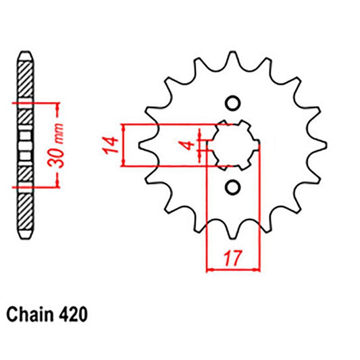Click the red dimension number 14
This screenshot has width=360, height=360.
tap(112, 145)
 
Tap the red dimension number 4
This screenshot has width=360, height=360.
tap(192, 144)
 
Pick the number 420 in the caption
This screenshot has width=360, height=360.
tap(71, 314)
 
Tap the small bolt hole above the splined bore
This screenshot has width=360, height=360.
tap(233, 103)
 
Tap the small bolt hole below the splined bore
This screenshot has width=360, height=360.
tap(233, 186)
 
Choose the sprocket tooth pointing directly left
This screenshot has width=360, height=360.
tap(145, 145)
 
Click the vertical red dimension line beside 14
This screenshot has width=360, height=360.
tap(123, 145)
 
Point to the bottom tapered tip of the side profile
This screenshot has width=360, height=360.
tap(25, 236)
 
